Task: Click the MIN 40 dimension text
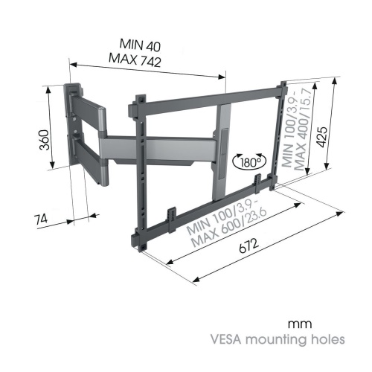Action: [140, 45]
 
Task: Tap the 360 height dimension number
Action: [45, 140]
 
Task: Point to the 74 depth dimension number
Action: [40, 219]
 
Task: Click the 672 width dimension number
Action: [249, 246]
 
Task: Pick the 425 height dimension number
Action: [322, 137]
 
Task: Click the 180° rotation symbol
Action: [249, 162]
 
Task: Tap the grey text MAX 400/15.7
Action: [303, 129]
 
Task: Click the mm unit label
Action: [300, 324]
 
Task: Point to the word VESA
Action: [225, 339]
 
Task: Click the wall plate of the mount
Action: [71, 124]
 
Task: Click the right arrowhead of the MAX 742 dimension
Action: [221, 77]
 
